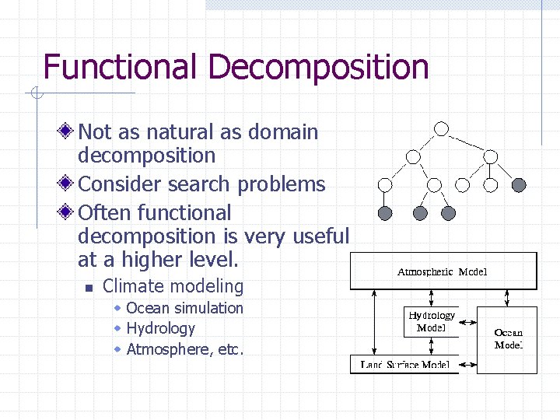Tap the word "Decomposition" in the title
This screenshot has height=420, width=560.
click(x=318, y=67)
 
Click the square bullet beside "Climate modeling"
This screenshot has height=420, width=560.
click(x=89, y=288)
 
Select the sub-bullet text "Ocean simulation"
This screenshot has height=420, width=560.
click(x=184, y=308)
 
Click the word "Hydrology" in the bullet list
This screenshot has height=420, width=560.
click(x=160, y=329)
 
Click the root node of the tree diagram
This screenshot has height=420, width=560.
click(x=441, y=128)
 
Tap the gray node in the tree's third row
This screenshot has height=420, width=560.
click(x=519, y=185)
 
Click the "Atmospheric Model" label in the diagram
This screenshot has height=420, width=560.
click(x=442, y=271)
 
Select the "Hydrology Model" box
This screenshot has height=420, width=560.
click(x=431, y=321)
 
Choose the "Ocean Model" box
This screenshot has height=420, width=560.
click(x=508, y=339)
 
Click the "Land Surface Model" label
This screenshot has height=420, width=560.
click(x=405, y=364)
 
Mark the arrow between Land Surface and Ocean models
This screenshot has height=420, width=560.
click(x=467, y=363)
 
